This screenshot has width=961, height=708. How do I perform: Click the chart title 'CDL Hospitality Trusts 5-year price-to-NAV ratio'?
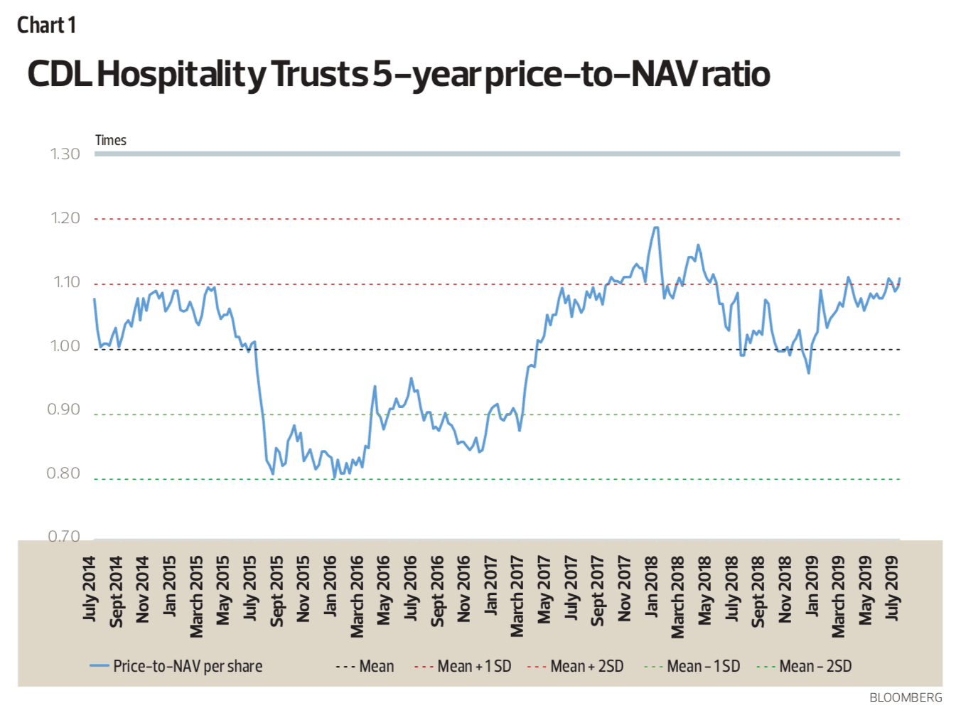(398, 75)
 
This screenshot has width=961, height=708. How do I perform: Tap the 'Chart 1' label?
(46, 26)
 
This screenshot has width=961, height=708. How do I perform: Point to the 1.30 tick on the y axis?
(65, 154)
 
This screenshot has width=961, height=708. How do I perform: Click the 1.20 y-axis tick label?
(65, 218)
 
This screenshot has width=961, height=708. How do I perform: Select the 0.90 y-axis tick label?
(64, 409)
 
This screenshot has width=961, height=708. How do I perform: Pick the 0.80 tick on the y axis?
(64, 473)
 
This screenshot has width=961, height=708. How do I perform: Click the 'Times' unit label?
(111, 140)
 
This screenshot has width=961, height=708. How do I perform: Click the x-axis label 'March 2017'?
(517, 596)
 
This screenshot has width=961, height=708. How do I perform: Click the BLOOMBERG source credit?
(906, 697)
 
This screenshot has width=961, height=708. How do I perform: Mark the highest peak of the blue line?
(655, 227)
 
